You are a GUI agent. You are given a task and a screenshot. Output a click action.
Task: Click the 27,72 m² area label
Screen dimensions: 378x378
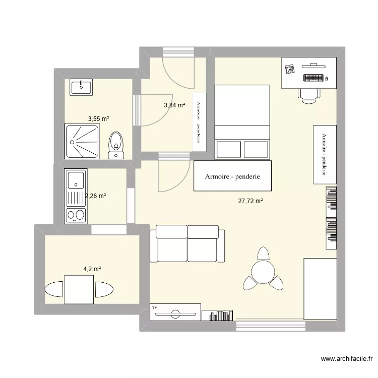pos(251,201)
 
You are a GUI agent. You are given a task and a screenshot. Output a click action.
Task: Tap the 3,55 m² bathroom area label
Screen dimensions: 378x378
pos(99,119)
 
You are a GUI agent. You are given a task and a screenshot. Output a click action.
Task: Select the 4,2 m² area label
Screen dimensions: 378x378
pos(92,269)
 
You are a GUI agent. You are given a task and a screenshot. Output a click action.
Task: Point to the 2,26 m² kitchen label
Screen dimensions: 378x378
pos(95,196)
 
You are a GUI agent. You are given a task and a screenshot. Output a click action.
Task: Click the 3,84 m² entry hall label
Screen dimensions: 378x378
pos(174,105)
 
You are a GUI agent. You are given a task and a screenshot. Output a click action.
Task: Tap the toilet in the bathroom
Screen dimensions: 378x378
pos(116,143)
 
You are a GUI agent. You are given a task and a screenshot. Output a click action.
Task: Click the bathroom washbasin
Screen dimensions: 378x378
pos(81,87)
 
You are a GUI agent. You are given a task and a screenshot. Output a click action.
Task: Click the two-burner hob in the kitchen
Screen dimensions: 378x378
pos(76,215)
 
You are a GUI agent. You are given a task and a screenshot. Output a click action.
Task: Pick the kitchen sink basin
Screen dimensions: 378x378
pos(76,179)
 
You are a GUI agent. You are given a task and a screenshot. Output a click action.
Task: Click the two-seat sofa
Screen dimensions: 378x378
pos(187,243)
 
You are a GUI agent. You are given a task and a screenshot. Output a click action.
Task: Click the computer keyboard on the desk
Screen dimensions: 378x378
pos(313,78)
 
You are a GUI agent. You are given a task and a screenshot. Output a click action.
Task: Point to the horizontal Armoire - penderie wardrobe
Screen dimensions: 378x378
pos(232,176)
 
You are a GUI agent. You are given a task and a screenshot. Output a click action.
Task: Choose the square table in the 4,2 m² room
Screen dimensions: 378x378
pos(79,290)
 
